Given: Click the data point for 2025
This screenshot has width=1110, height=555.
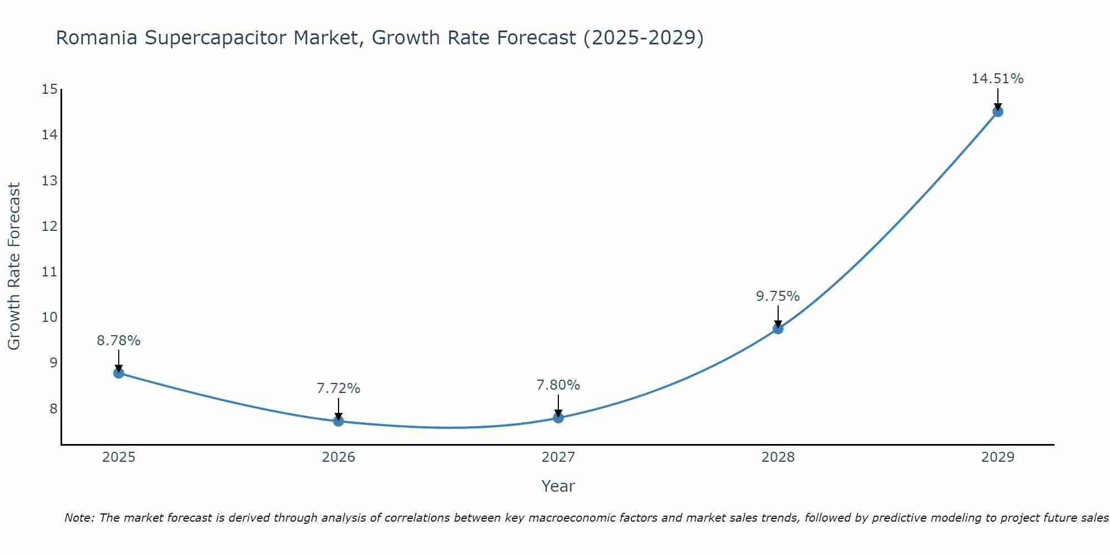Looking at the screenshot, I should [118, 373].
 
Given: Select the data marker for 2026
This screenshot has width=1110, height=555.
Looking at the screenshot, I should [339, 421].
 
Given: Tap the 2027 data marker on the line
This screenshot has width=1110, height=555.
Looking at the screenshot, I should [558, 417].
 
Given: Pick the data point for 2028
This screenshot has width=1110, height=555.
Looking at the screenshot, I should [778, 329].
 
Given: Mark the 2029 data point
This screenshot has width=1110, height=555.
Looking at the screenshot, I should [998, 112].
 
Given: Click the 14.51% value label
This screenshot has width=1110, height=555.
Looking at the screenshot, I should [997, 79].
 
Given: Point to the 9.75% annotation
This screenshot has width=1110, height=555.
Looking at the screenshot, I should [778, 296].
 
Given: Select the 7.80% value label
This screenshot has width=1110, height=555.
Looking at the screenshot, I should [558, 385].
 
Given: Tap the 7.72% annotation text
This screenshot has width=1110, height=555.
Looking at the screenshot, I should [339, 389].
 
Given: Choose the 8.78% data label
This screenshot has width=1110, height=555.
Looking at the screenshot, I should [119, 341].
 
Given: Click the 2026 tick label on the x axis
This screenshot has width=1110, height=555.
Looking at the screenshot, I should [339, 457].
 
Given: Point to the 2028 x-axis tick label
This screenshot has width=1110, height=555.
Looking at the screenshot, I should [778, 457].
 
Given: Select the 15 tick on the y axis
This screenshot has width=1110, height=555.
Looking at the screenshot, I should [49, 89].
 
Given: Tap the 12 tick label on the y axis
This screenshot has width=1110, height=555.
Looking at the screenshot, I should [49, 226].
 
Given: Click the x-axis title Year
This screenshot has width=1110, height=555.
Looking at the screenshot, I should [558, 486].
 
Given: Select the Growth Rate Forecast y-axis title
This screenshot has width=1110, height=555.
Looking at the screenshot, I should [14, 266].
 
